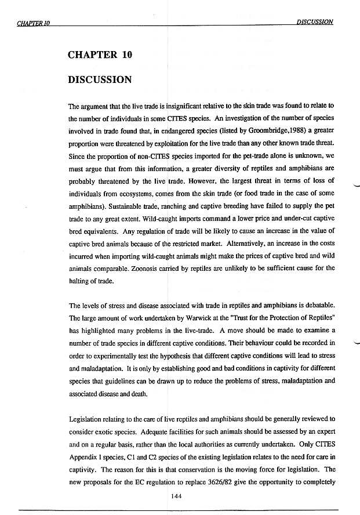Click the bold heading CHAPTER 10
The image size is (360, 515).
point(100,55)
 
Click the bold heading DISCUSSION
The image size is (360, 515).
point(100,79)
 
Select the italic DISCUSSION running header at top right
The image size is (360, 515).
point(315,21)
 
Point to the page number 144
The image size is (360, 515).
point(178,495)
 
